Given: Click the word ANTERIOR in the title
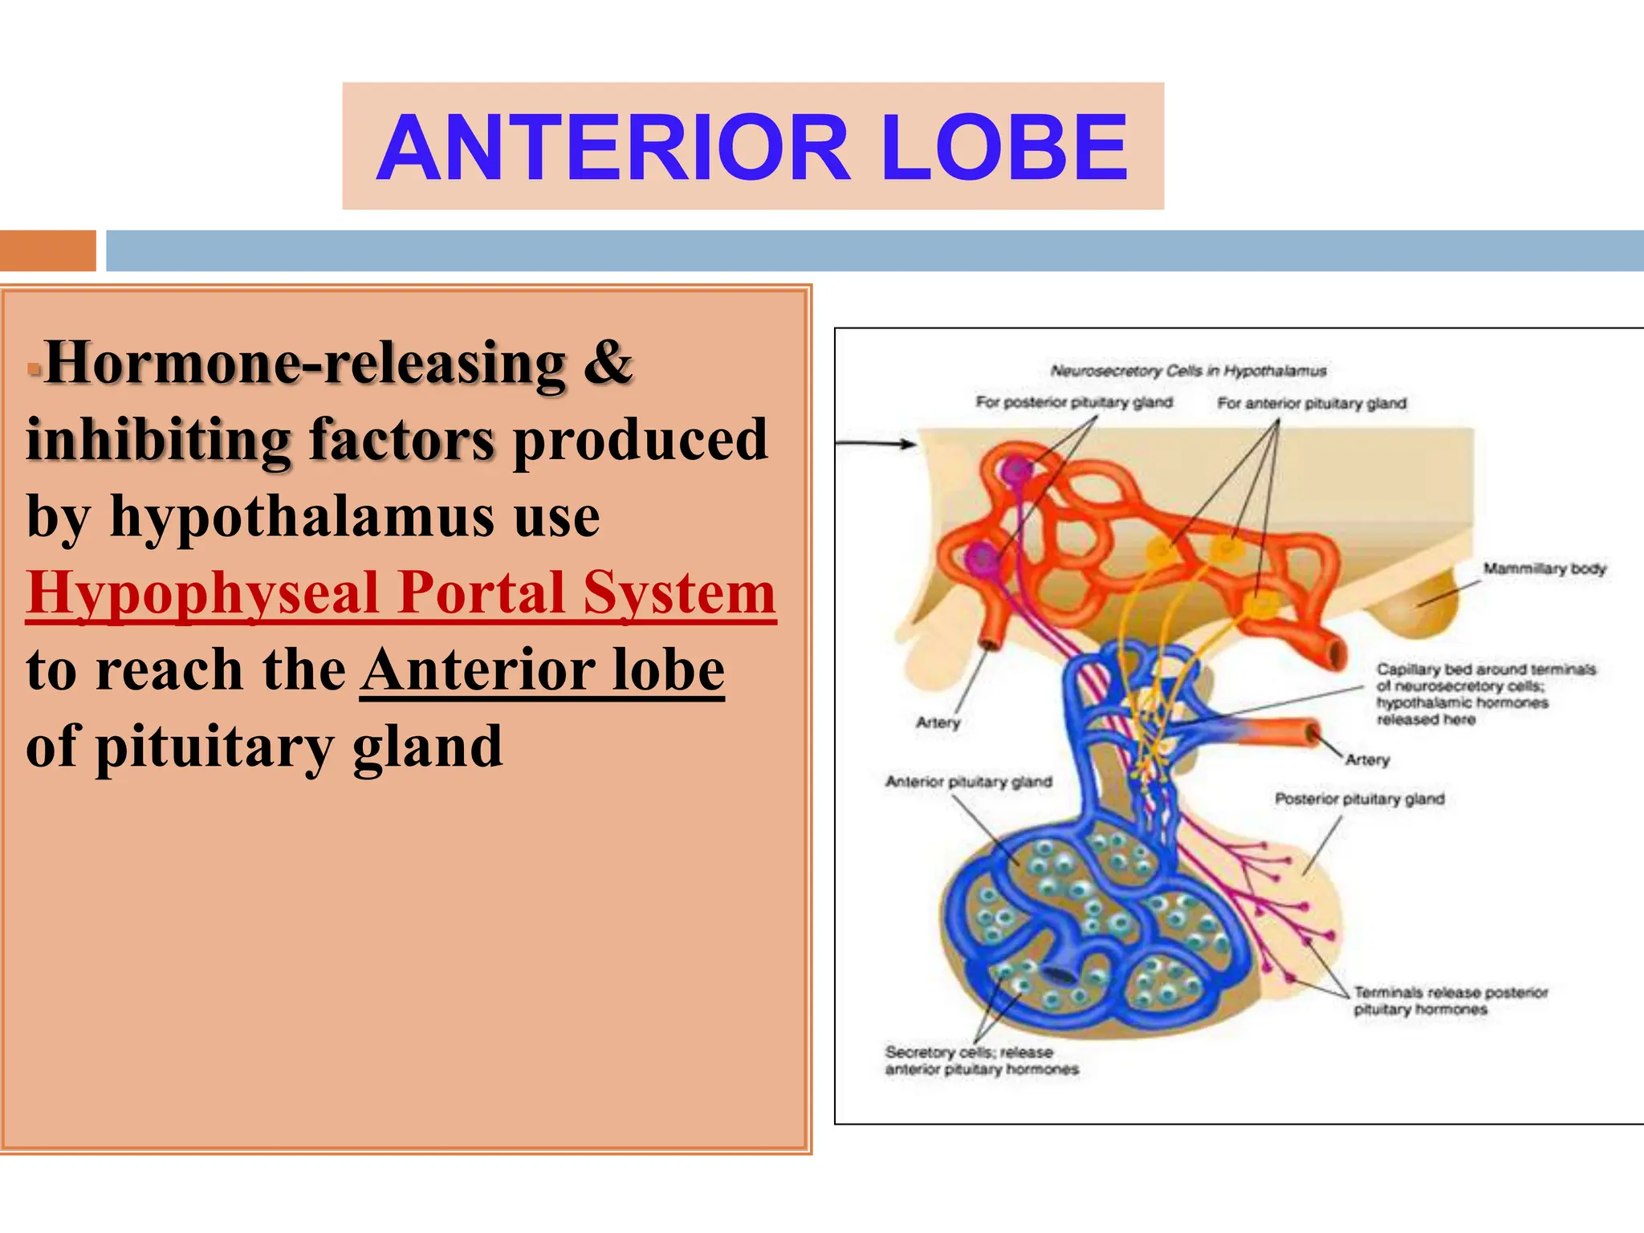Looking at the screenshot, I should [613, 148].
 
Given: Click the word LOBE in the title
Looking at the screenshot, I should [1004, 148].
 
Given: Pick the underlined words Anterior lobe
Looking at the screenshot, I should [543, 670].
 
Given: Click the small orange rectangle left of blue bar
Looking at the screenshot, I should [47, 250].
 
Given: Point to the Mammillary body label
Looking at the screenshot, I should [1544, 568].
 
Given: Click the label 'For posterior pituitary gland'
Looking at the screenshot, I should [1074, 401].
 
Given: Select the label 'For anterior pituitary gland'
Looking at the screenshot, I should [1312, 403].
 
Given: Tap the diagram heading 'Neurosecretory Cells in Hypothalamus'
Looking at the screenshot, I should [1188, 371].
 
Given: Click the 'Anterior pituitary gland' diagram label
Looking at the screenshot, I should [968, 781].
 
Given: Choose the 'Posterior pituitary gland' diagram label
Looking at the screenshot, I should [1359, 799].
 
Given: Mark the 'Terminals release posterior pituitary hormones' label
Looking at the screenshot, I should [1450, 1001].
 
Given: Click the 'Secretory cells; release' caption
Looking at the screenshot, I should [969, 1052].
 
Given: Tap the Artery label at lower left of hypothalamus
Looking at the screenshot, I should [938, 722].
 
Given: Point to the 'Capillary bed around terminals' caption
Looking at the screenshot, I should [1486, 669].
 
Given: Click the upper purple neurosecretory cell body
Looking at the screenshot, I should [1018, 470].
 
